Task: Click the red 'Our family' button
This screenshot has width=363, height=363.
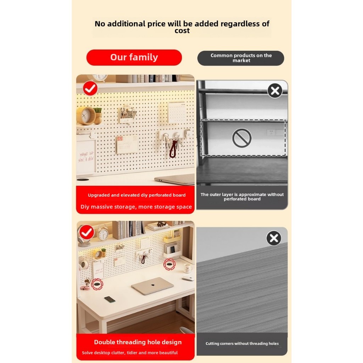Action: [134, 57]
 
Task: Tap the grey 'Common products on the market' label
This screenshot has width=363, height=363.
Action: [241, 58]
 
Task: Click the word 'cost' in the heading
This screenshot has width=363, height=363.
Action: [182, 31]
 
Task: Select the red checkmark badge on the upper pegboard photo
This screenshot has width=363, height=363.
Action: [90, 88]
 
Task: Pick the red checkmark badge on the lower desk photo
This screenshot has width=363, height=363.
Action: [87, 232]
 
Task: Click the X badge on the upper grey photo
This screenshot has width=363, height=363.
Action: [275, 90]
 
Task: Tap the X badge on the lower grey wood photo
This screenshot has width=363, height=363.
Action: [274, 238]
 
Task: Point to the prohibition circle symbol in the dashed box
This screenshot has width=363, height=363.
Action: [242, 138]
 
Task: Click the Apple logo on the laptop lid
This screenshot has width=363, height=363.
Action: [153, 285]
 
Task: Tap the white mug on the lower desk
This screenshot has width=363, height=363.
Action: [188, 269]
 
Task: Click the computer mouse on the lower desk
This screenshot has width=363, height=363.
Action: [188, 278]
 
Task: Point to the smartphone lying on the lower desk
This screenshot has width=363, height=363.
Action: [110, 299]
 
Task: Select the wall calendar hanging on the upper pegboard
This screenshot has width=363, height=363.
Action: [177, 112]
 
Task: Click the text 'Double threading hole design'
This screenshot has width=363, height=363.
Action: [138, 342]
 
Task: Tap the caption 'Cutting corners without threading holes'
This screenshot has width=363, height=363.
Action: [242, 344]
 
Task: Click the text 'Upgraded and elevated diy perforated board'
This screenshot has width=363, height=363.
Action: [136, 195]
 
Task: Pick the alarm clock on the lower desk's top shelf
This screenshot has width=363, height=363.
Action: [102, 233]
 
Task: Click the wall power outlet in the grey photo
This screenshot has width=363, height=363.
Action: [271, 133]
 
